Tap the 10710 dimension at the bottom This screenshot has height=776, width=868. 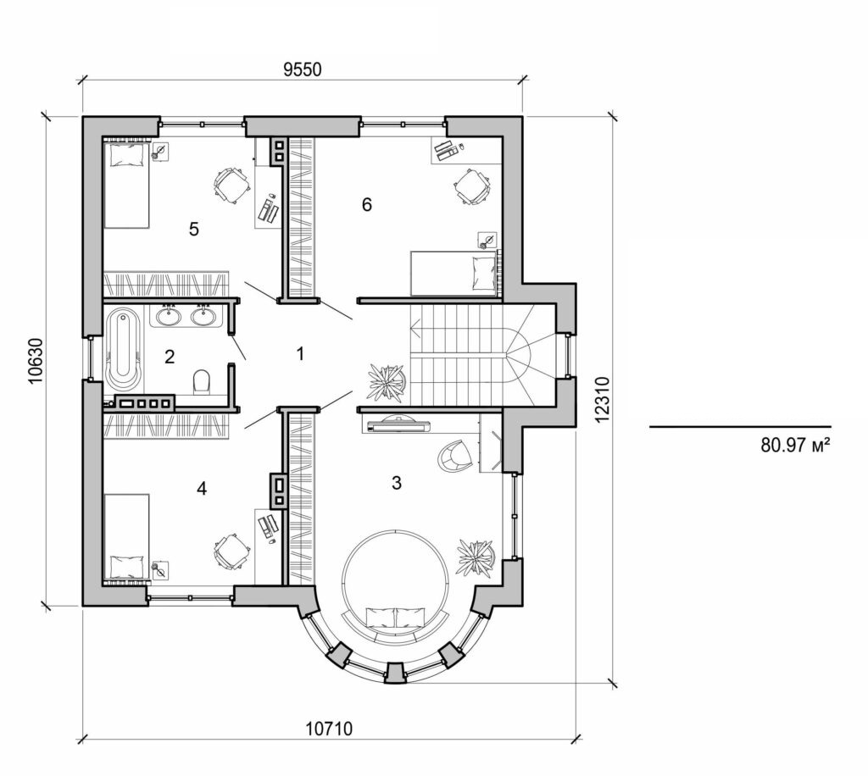[x=328, y=728]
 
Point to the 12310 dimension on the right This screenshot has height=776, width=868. [x=602, y=399]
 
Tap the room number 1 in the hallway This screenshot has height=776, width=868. [x=298, y=354]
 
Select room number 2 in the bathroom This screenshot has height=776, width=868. [x=170, y=357]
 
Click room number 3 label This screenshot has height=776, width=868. [x=396, y=484]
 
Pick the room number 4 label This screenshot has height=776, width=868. [x=201, y=488]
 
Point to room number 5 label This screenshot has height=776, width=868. [x=194, y=230]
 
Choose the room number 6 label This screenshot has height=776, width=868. [x=366, y=204]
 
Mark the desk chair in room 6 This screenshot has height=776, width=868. [x=470, y=186]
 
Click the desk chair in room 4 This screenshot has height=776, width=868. [x=231, y=552]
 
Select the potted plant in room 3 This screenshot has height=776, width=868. [x=476, y=557]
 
